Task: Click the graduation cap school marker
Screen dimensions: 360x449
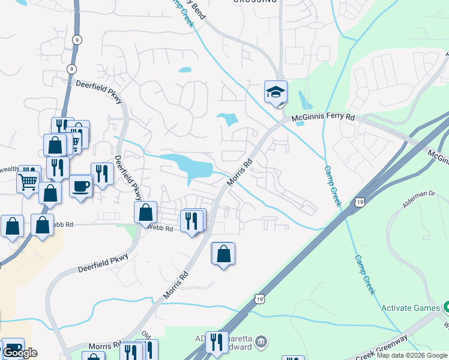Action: pyautogui.click(x=276, y=92)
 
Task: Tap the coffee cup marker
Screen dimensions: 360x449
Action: pyautogui.click(x=80, y=186)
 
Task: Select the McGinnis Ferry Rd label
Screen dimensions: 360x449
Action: pyautogui.click(x=324, y=118)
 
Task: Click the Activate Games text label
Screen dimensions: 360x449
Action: pyautogui.click(x=411, y=308)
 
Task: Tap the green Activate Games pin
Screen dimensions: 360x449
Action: pyautogui.click(x=446, y=307)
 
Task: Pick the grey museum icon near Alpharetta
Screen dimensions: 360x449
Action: pyautogui.click(x=261, y=343)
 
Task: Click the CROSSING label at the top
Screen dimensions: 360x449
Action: pyautogui.click(x=255, y=2)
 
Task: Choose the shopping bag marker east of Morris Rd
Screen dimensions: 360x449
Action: pyautogui.click(x=223, y=254)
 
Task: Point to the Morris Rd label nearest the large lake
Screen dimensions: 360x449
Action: pyautogui.click(x=240, y=172)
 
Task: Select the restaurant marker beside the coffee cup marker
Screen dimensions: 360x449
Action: pyautogui.click(x=101, y=174)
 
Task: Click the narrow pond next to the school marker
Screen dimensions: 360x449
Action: pyautogui.click(x=301, y=100)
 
